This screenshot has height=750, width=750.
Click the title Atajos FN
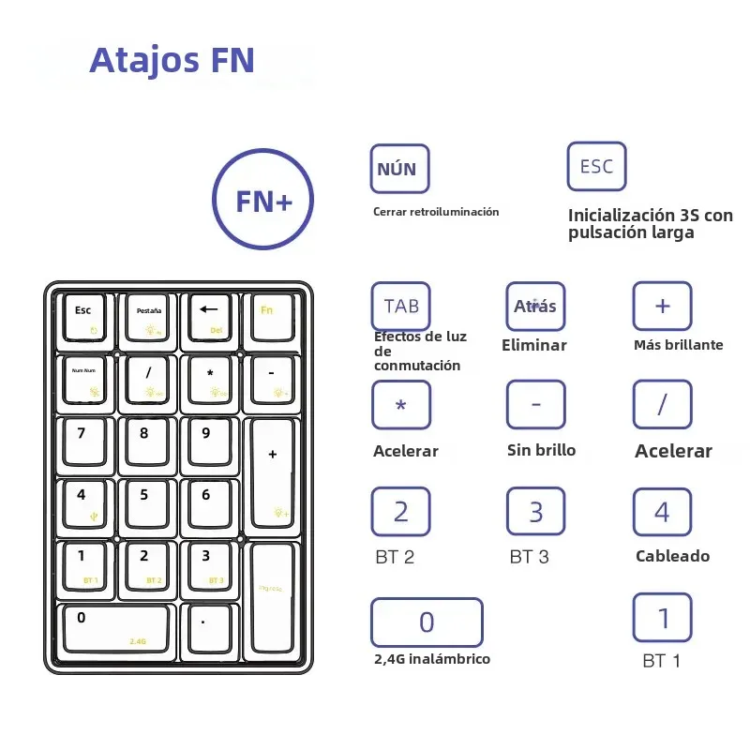[x=172, y=60]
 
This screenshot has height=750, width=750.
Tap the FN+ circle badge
[x=262, y=200]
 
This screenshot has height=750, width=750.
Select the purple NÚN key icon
[x=399, y=169]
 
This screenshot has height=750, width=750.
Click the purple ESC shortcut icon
[x=596, y=166]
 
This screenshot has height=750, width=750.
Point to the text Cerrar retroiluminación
[x=436, y=212]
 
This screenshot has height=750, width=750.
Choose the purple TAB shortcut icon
[x=401, y=306]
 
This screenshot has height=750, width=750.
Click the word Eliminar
[x=534, y=345]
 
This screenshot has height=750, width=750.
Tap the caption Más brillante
[x=678, y=345]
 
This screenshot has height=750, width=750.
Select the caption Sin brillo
[x=541, y=450]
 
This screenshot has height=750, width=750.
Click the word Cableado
[x=672, y=556]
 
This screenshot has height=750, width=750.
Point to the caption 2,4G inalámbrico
[x=431, y=659]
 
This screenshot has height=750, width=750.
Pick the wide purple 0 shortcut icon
[x=427, y=622]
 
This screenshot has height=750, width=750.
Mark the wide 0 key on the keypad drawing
[x=117, y=627]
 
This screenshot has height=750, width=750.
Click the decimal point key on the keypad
[x=210, y=627]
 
